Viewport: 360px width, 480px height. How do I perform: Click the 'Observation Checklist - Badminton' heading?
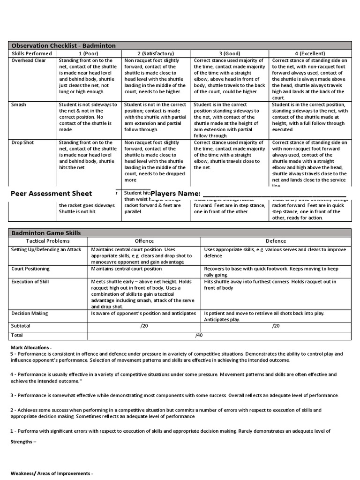(63, 45)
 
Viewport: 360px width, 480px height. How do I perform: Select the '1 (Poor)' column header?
(89, 53)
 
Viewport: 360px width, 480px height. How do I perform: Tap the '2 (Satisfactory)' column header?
(156, 53)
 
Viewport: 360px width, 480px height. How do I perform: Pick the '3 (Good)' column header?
(230, 53)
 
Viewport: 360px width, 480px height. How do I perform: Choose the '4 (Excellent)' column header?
(310, 53)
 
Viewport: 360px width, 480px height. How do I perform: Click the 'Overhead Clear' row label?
(29, 60)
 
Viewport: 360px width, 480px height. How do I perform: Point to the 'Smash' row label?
(19, 105)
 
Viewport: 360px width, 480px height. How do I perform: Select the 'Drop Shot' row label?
(22, 142)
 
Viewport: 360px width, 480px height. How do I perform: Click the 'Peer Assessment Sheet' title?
(51, 194)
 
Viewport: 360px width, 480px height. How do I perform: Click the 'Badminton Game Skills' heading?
(46, 233)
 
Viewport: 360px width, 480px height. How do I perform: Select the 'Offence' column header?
(144, 241)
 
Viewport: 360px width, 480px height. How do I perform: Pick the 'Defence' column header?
(276, 241)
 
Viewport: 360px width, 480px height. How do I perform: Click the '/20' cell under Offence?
(144, 326)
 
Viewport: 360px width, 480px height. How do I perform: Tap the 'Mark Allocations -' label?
(31, 347)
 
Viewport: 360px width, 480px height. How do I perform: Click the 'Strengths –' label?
(23, 442)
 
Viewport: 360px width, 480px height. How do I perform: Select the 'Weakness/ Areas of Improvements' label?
(52, 473)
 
